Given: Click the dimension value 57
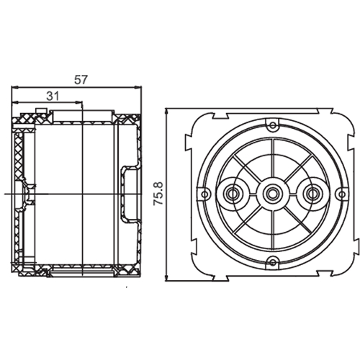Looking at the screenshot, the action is point(81,80).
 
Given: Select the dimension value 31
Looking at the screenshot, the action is point(53,96).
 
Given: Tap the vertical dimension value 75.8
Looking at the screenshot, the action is point(158,194).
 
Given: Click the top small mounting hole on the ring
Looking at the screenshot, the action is point(272,125).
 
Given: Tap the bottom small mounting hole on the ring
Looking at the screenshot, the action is point(272,262).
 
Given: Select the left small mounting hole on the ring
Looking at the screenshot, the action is point(204,194).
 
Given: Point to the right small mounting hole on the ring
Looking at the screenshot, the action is point(341,194).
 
